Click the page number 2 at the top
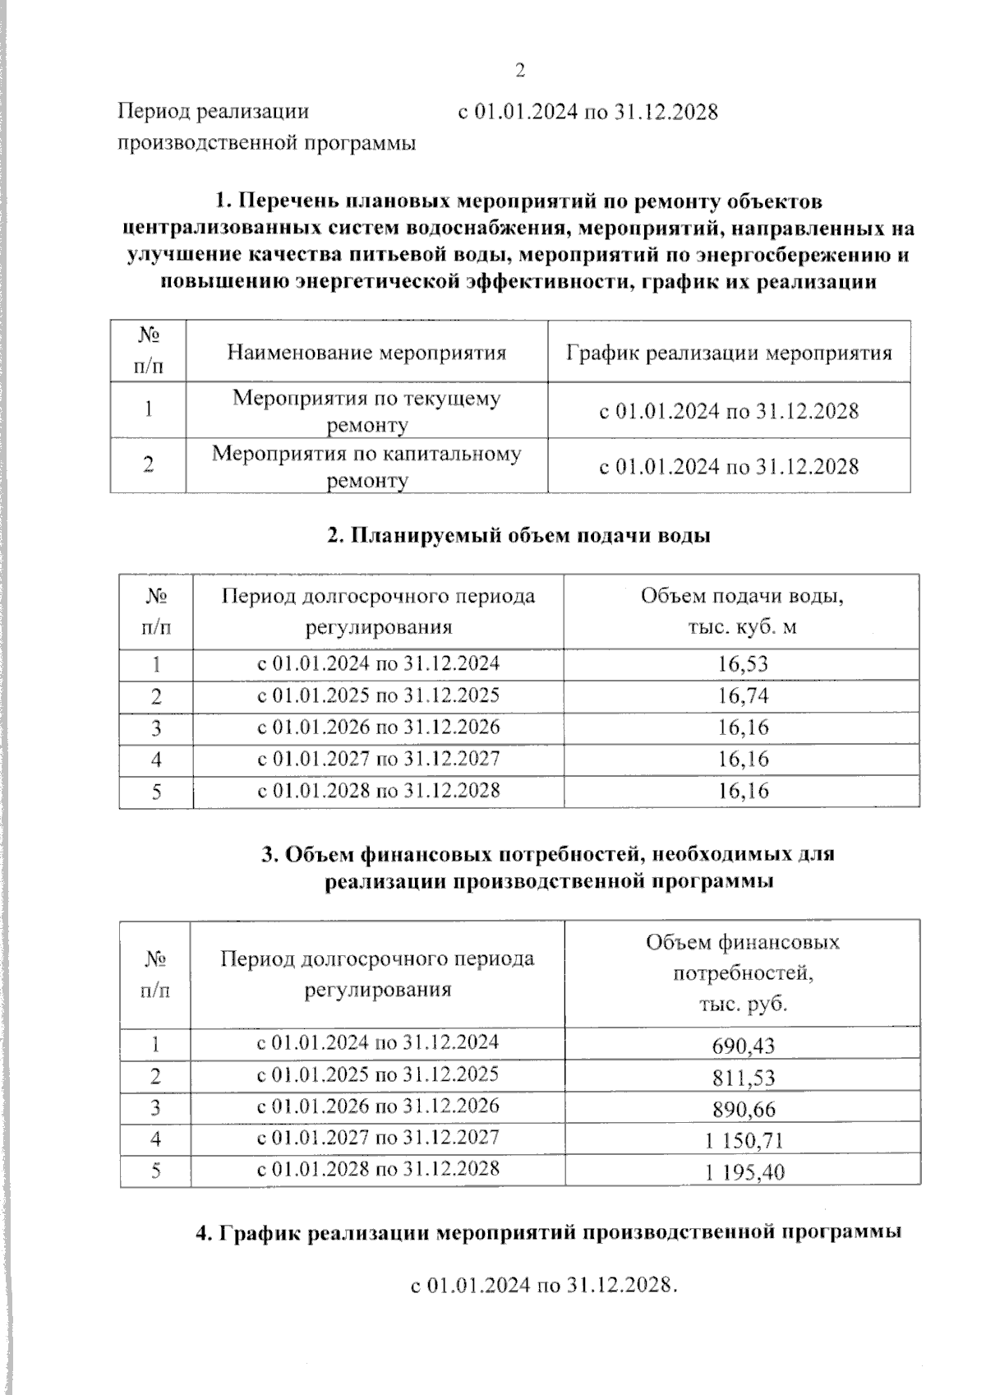pyautogui.click(x=519, y=72)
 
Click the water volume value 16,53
pyautogui.click(x=743, y=664)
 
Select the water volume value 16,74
pyautogui.click(x=743, y=696)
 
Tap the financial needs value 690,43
pyautogui.click(x=744, y=1046)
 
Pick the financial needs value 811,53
pyautogui.click(x=744, y=1077)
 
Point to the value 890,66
pyautogui.click(x=744, y=1109)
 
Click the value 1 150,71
pyautogui.click(x=744, y=1140)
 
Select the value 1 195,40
pyautogui.click(x=744, y=1172)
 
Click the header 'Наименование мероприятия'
pyautogui.click(x=366, y=353)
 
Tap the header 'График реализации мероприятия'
pyautogui.click(x=729, y=353)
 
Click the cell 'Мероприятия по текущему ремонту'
pyautogui.click(x=366, y=410)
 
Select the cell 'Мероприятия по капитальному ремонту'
pyautogui.click(x=366, y=466)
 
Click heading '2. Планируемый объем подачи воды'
pyautogui.click(x=518, y=535)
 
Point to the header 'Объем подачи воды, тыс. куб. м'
pyautogui.click(x=742, y=611)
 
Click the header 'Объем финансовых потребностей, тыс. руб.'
pyautogui.click(x=743, y=973)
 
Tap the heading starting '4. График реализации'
pyautogui.click(x=549, y=1233)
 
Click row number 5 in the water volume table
pyautogui.click(x=156, y=792)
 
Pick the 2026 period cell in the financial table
pyautogui.click(x=378, y=1106)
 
